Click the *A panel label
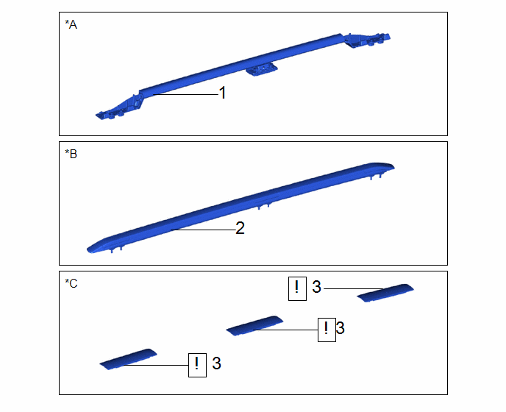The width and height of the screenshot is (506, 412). (71, 24)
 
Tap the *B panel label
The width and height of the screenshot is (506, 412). (71, 154)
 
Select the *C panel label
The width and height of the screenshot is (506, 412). (71, 283)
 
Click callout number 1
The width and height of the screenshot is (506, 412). (222, 93)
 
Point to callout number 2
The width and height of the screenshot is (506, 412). (240, 228)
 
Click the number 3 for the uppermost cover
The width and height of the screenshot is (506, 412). (316, 287)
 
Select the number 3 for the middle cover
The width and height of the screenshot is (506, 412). (340, 328)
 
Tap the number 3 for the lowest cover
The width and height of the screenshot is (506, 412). (216, 363)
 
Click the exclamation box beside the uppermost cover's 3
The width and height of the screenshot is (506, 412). (297, 288)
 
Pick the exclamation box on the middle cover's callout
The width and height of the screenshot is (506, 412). (327, 330)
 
